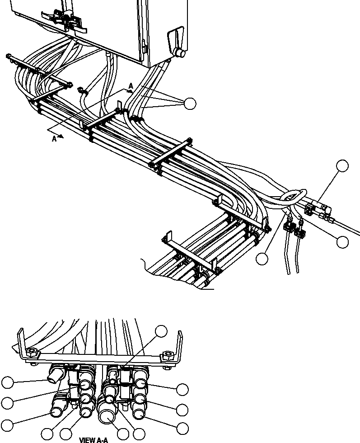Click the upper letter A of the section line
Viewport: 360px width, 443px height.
point(131,85)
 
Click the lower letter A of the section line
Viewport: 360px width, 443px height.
point(54,139)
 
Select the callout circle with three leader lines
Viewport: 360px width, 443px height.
point(191,104)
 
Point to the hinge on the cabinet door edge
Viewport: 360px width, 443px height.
point(143,45)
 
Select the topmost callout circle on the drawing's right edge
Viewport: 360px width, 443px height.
point(342,166)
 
